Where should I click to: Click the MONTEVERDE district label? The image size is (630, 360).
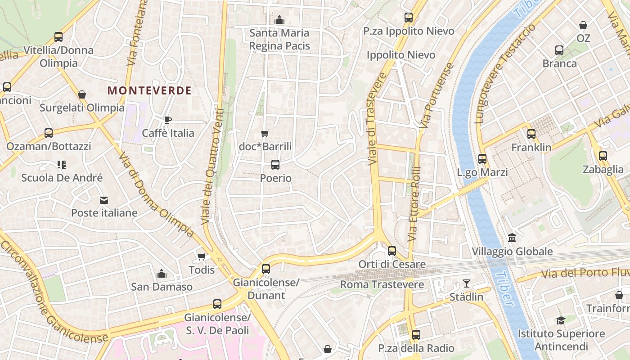[x=149, y=90]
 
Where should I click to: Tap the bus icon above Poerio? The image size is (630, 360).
[x=275, y=165]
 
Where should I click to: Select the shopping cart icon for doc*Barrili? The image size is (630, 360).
[x=265, y=133]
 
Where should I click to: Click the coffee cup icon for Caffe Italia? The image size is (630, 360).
[x=167, y=120]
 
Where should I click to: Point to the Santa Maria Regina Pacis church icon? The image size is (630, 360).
[x=279, y=20]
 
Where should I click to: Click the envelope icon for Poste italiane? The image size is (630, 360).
[x=104, y=200]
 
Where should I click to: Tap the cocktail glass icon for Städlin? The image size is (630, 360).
[x=467, y=283]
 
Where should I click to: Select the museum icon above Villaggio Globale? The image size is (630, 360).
[x=512, y=238]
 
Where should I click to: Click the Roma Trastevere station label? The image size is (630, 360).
[x=382, y=284]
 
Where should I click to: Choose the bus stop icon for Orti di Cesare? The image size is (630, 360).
[x=392, y=251]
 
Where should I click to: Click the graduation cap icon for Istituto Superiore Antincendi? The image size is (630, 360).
[x=561, y=320]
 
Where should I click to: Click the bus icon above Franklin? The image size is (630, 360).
[x=531, y=134]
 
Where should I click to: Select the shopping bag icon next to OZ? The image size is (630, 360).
[x=583, y=25]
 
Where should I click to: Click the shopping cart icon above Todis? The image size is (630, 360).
[x=202, y=256]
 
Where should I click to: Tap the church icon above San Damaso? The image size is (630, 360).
[x=162, y=274]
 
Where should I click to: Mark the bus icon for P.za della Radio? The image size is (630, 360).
[x=416, y=335]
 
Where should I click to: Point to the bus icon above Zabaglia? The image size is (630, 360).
[x=603, y=156]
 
